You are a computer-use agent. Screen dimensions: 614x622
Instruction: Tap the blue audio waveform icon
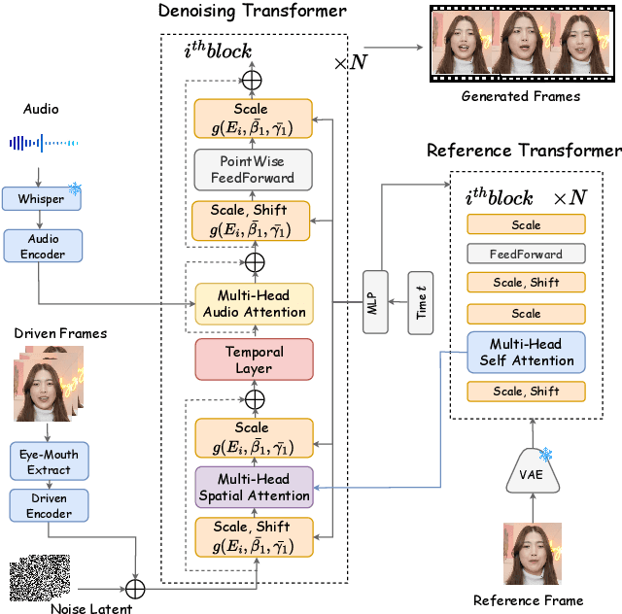(x=43, y=143)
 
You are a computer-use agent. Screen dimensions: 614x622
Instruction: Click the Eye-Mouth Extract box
(x=49, y=462)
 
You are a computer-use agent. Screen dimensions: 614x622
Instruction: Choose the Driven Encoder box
(x=49, y=504)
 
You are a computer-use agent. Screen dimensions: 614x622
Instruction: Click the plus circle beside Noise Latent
(x=134, y=589)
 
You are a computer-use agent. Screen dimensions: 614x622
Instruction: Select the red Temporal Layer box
(x=254, y=359)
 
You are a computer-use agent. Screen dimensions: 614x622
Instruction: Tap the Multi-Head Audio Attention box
(x=254, y=304)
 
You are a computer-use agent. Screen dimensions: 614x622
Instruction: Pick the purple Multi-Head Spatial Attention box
(x=254, y=488)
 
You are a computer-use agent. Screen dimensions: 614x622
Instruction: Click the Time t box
(x=420, y=303)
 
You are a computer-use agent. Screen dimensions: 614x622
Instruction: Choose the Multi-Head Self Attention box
(x=526, y=353)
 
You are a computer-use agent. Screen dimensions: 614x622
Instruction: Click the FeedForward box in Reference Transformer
(x=526, y=255)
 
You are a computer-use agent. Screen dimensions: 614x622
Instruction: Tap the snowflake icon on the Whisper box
(x=75, y=188)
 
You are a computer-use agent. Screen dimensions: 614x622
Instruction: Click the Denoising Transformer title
(x=253, y=12)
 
